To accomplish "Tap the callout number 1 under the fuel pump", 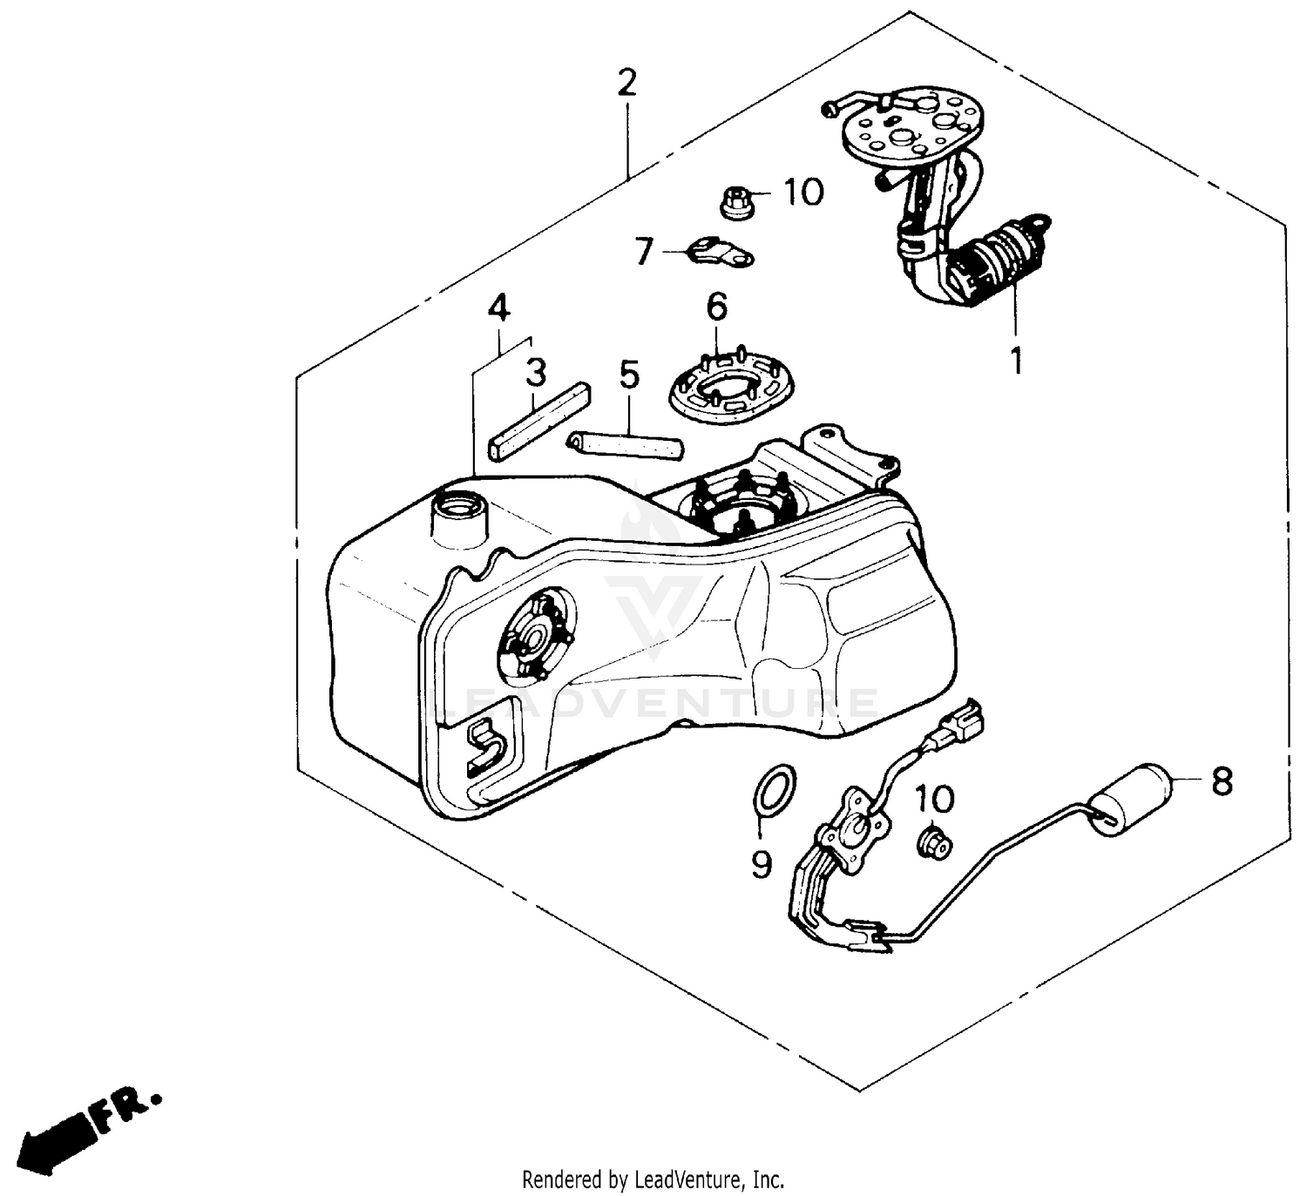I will [x=1015, y=358].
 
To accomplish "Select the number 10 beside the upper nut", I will [x=802, y=192].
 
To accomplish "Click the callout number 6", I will [x=716, y=307].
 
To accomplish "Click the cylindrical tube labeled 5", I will [x=625, y=445].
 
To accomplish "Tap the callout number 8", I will [x=1222, y=781].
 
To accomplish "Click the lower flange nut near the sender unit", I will [x=935, y=843].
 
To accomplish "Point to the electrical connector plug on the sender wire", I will [x=959, y=724].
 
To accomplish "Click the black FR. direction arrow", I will [x=61, y=1134].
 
